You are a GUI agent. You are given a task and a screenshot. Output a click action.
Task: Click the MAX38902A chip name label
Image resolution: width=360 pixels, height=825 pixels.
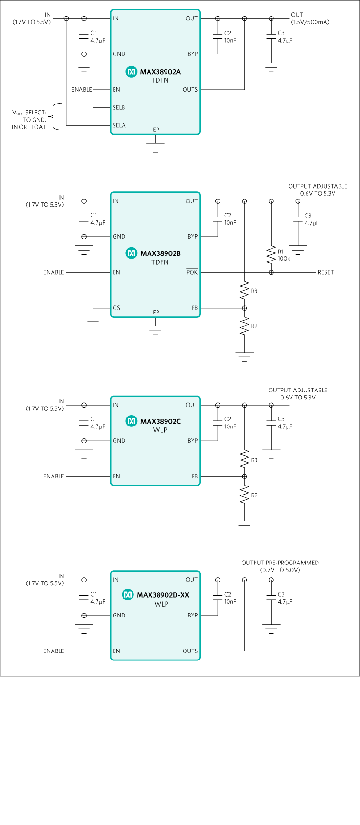[160, 72]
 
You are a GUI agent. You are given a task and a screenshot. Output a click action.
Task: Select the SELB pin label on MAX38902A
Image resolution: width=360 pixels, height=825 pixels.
[119, 108]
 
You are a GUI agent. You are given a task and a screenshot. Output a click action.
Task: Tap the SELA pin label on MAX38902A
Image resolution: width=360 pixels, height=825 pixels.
[119, 125]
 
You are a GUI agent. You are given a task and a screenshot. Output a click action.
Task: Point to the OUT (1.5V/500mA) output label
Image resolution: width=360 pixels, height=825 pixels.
[310, 18]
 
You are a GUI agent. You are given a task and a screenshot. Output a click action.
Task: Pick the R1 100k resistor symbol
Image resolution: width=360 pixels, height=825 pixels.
[271, 255]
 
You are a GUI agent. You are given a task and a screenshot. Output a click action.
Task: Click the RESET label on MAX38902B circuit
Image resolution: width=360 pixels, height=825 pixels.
[325, 272]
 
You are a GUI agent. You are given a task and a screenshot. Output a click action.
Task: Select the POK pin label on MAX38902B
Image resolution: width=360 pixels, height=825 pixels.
[192, 272]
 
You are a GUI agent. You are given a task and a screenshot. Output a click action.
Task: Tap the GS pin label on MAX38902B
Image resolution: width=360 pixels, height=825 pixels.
[116, 308]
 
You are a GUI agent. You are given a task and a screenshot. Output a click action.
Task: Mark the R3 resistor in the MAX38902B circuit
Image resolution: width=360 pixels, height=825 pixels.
[245, 290]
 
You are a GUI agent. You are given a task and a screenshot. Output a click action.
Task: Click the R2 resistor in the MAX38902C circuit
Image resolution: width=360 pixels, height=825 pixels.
[245, 495]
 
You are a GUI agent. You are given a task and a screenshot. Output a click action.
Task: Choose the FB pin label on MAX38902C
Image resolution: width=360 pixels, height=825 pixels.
[194, 477]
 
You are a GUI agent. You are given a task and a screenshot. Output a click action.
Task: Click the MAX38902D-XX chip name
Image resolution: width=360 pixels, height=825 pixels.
[163, 595]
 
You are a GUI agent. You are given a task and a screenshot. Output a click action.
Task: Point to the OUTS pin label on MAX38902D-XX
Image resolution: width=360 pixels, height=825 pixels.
[190, 651]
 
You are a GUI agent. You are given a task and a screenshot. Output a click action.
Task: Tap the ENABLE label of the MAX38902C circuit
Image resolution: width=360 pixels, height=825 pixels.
[53, 477]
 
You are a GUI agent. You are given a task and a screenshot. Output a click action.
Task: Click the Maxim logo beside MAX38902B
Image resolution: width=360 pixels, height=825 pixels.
[131, 253]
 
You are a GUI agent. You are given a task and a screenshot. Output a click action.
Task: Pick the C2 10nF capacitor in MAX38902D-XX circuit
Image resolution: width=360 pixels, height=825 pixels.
[218, 598]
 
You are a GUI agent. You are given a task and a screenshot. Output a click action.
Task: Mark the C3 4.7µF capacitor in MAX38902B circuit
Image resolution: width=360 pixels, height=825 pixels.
[298, 219]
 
